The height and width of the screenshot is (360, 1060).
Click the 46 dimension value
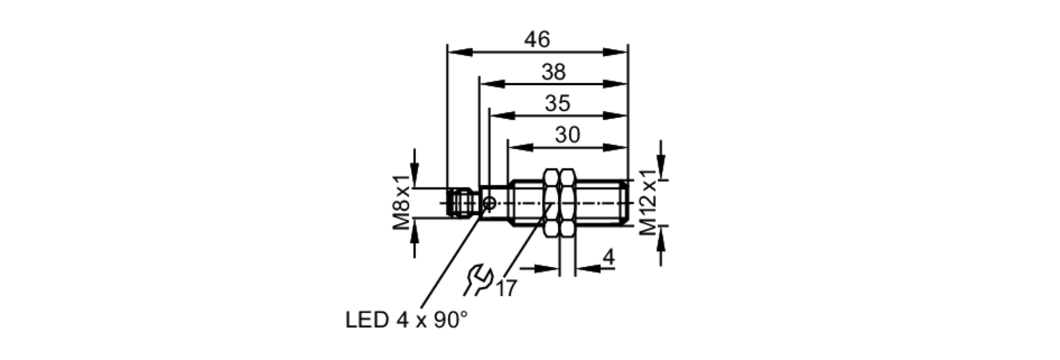(537, 40)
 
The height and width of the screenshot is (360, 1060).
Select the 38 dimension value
(553, 72)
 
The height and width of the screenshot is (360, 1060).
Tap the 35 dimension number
(557, 103)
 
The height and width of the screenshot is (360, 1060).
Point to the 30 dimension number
(567, 135)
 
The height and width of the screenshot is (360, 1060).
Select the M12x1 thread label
(648, 202)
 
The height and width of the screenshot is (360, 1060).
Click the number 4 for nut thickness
(608, 258)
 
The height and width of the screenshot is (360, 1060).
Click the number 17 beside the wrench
(506, 289)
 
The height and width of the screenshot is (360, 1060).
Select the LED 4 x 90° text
(407, 320)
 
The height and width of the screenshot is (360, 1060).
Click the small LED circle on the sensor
(490, 203)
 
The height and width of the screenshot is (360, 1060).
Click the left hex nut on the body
(552, 203)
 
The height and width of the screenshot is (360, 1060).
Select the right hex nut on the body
(567, 203)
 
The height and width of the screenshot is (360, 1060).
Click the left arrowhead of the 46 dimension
(459, 52)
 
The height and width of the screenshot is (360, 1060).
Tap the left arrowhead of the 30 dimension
(519, 147)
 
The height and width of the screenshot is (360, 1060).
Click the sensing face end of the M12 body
(625, 203)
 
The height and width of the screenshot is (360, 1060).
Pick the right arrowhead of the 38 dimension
(616, 84)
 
